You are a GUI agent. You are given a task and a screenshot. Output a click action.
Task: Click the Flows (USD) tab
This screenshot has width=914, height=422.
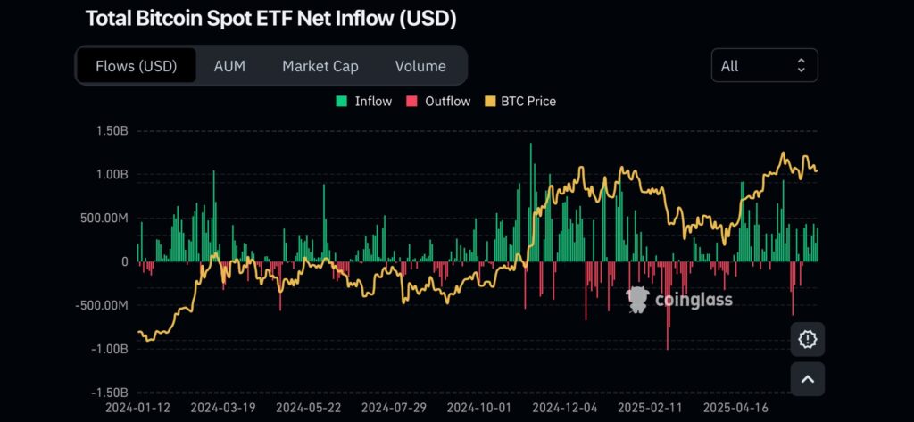click(137, 66)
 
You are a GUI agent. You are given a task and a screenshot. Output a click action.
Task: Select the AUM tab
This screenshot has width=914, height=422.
click(229, 66)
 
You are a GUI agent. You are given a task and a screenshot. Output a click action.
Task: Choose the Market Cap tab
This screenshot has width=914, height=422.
click(320, 66)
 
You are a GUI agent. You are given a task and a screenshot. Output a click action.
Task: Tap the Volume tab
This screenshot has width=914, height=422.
click(420, 66)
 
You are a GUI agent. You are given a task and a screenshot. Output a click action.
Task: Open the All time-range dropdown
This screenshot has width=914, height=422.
click(764, 65)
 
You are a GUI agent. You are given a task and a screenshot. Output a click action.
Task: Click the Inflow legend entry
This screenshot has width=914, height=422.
click(364, 102)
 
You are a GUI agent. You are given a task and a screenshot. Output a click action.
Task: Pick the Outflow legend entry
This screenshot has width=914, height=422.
click(438, 102)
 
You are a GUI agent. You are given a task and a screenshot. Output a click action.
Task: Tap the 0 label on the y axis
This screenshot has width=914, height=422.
click(124, 261)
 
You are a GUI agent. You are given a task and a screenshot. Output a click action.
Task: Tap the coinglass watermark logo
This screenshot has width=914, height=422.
click(680, 300)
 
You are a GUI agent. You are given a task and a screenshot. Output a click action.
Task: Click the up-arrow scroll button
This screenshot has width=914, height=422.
click(808, 378)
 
